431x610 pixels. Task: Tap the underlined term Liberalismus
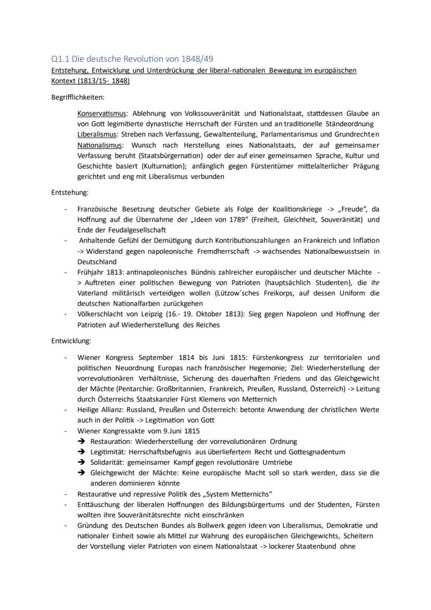(x=97, y=134)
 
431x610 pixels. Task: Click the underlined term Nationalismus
(x=100, y=145)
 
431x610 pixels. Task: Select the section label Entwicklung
(x=71, y=341)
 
